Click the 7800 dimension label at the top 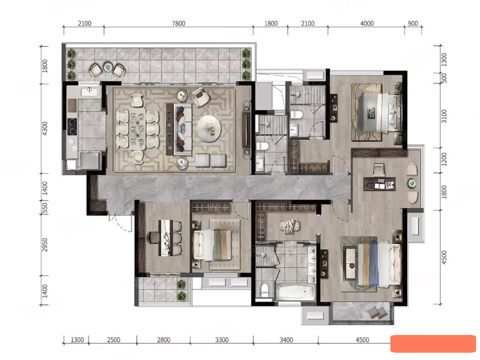178,24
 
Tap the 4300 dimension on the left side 44,129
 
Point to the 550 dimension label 44,208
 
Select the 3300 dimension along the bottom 221,340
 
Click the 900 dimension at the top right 413,24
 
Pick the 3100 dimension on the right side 444,116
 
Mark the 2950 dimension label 44,245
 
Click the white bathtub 296,292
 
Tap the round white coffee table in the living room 208,129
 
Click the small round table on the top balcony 108,67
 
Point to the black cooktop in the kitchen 72,126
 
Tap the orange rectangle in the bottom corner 433,344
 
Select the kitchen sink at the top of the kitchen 89,91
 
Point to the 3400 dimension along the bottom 286,340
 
